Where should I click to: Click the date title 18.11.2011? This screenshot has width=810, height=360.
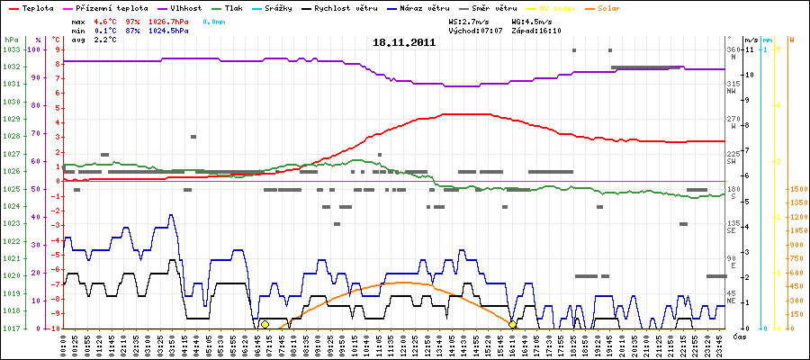click(x=404, y=42)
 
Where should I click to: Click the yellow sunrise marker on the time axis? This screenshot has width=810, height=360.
click(x=265, y=324)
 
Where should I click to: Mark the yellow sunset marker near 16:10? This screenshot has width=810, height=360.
click(x=512, y=324)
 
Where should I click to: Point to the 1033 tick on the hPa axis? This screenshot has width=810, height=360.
click(x=11, y=49)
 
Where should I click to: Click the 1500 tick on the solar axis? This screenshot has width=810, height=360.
click(x=797, y=189)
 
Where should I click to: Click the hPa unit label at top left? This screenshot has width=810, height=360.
click(x=11, y=40)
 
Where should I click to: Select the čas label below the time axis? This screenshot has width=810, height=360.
click(x=737, y=336)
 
